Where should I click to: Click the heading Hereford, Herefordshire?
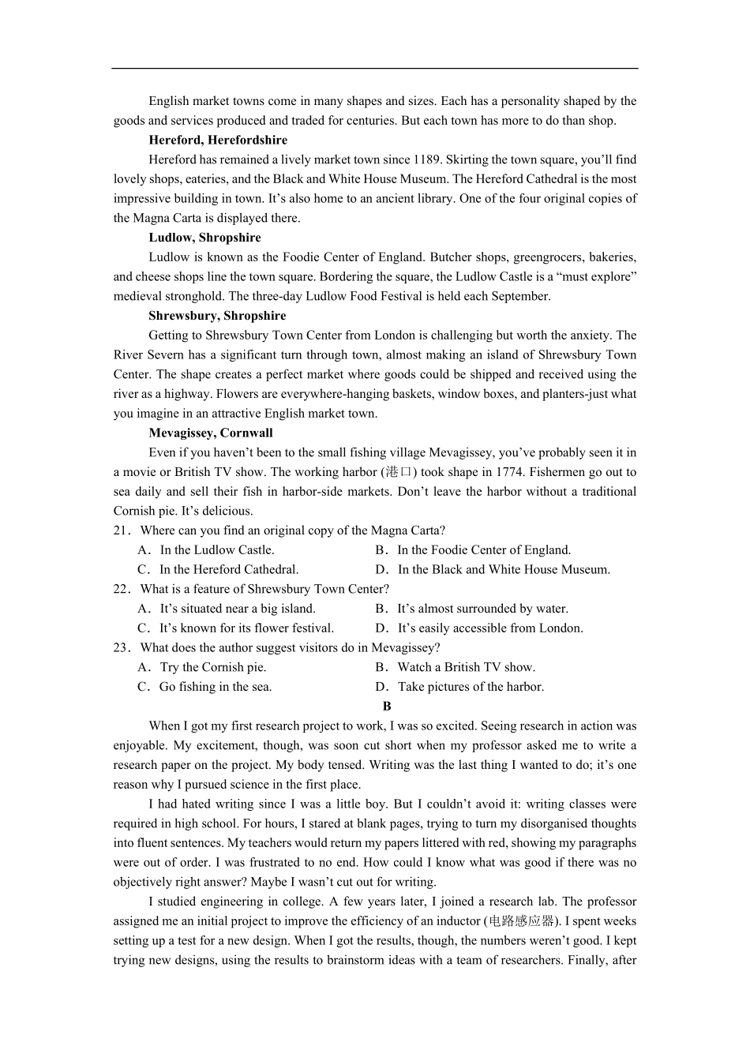point(218,140)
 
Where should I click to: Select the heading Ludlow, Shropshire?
point(204,238)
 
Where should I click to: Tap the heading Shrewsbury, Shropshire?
point(217,316)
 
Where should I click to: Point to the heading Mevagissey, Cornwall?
point(211,433)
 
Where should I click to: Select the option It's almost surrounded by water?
point(482,609)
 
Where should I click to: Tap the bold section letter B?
point(387,707)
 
